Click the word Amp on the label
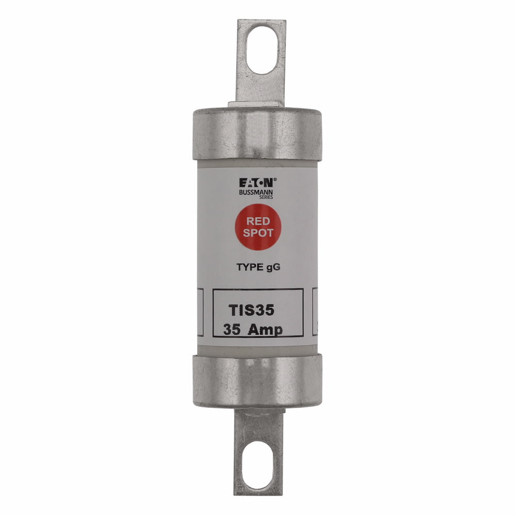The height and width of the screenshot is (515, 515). (x=266, y=330)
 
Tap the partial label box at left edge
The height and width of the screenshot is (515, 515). (x=199, y=312)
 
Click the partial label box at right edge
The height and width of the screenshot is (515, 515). (x=316, y=312)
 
